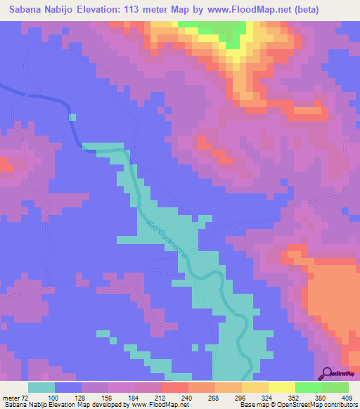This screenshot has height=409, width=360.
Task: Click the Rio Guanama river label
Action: tap(167, 240)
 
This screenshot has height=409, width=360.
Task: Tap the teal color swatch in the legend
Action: tap(41, 388)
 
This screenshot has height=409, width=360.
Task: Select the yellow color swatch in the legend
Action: tap(281, 388)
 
